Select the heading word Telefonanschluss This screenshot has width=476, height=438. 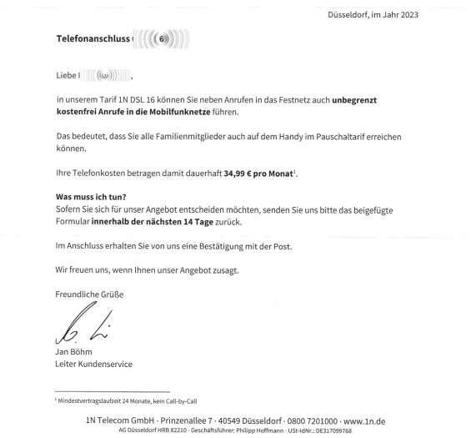coord(93,38)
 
